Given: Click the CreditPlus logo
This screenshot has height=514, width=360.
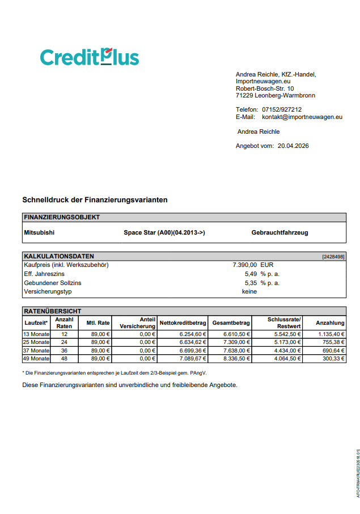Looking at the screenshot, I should coord(90,57).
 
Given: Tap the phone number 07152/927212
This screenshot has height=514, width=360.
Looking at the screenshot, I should coord(282,110).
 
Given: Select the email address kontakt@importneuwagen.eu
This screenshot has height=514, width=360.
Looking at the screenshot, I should coord(302,117).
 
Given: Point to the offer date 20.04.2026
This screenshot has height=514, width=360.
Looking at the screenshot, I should coord(293,146).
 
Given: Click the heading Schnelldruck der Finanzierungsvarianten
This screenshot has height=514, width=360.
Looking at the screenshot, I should coord(95,200).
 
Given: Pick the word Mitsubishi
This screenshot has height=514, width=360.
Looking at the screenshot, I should coord(39,232).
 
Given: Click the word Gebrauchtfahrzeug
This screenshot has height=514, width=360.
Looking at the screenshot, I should coord(279,232).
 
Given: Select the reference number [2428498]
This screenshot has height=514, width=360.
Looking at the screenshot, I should coord(333,257).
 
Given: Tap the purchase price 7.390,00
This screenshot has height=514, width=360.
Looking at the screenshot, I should coord(245,265).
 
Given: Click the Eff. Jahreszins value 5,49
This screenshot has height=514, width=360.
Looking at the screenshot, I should coord(251,274).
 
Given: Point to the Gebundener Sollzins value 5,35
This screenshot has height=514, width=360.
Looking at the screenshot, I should coord(251,283).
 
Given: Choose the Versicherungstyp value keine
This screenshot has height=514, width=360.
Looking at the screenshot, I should coord(249,292).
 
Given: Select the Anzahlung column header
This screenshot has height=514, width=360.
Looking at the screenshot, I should coord(330,323).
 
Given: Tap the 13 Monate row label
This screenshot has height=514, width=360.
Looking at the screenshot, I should coord(36,334).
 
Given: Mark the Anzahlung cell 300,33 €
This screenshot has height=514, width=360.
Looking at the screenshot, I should coord(332,359).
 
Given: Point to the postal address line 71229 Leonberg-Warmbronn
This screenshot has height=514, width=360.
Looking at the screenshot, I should coord(276,96).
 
